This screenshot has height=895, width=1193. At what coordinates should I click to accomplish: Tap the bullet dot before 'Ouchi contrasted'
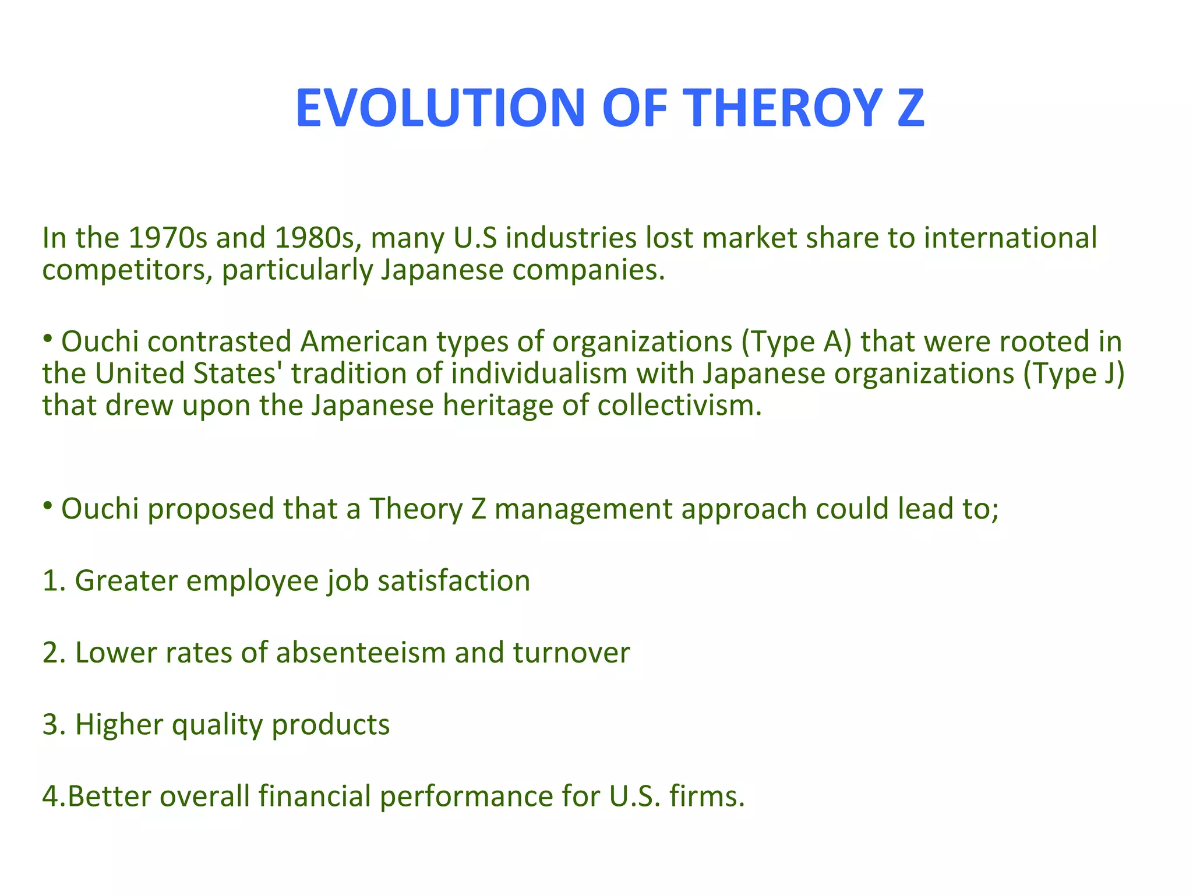tap(48, 337)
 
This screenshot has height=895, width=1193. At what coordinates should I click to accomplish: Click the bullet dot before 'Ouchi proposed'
tap(48, 505)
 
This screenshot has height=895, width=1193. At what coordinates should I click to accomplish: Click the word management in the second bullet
tap(583, 509)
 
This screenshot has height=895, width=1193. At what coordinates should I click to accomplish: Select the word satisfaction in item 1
tap(454, 581)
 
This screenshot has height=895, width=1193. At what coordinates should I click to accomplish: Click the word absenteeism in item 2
tap(361, 653)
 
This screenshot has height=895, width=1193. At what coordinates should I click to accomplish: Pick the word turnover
tap(571, 653)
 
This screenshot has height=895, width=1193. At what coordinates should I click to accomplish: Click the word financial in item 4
tap(315, 797)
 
